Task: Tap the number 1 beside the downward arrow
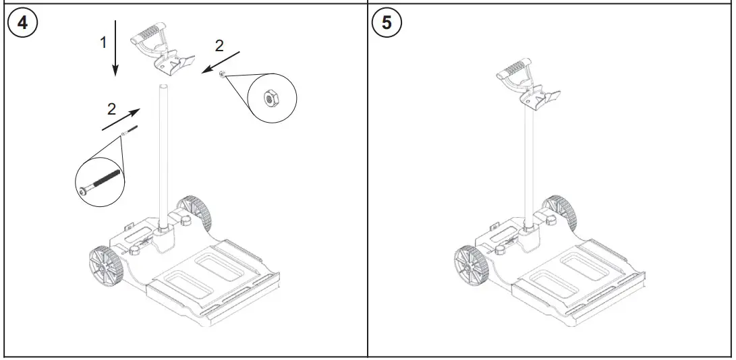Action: click(x=103, y=42)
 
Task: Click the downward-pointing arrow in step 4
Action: click(x=115, y=48)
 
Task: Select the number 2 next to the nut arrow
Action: click(x=218, y=45)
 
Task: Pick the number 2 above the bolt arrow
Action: click(x=111, y=108)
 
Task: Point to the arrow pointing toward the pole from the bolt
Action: click(x=122, y=117)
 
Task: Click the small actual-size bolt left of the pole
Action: click(x=131, y=130)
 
